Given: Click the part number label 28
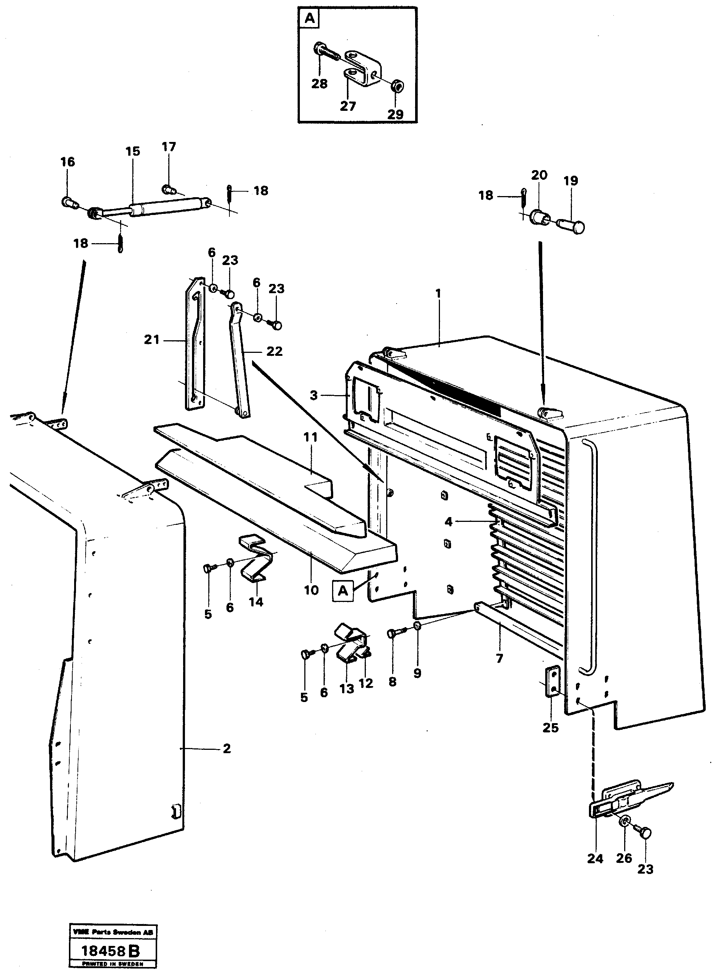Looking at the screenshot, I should pyautogui.click(x=319, y=83).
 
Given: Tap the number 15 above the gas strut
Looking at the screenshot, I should pyautogui.click(x=133, y=151).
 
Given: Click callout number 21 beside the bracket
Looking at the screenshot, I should pyautogui.click(x=152, y=340).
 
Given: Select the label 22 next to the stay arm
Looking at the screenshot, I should pyautogui.click(x=274, y=351).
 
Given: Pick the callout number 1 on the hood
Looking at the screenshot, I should pyautogui.click(x=438, y=294).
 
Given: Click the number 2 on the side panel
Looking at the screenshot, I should pyautogui.click(x=227, y=748).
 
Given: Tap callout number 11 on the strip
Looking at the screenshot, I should pyautogui.click(x=310, y=437).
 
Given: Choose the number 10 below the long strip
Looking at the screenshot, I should pyautogui.click(x=311, y=590).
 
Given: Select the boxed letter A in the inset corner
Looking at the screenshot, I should pyautogui.click(x=310, y=19).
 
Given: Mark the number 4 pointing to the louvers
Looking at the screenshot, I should pyautogui.click(x=448, y=522).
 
